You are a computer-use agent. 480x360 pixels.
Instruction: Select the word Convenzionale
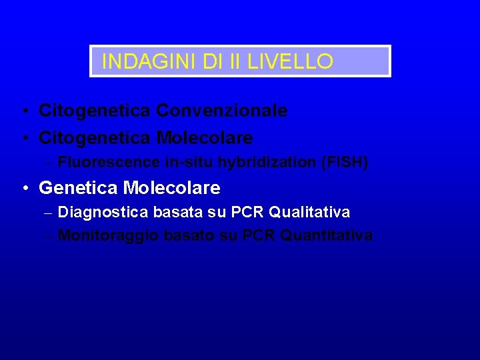click(222, 111)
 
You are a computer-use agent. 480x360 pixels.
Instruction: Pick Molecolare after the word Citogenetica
click(205, 138)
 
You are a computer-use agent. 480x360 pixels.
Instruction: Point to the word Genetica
click(79, 188)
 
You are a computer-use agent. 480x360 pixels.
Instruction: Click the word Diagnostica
click(103, 213)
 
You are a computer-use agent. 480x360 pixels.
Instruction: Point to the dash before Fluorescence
click(49, 163)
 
